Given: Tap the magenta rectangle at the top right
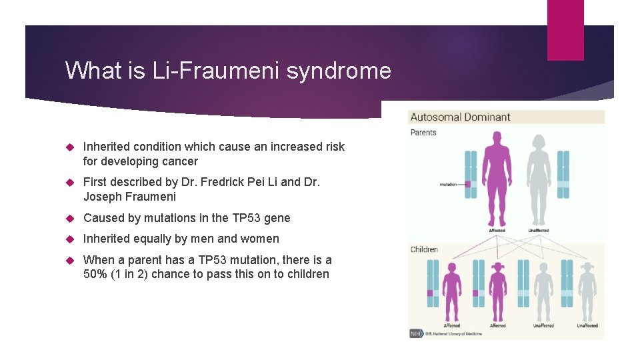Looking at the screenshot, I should (565, 30).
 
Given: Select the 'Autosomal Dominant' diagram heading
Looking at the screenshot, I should (460, 117).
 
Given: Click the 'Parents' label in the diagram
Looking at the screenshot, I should (423, 133).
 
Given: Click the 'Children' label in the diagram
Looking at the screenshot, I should (425, 249).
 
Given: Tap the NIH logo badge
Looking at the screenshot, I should (416, 333).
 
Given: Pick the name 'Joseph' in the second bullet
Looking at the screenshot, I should (101, 197).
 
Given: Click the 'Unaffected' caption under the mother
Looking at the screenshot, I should (538, 231).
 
